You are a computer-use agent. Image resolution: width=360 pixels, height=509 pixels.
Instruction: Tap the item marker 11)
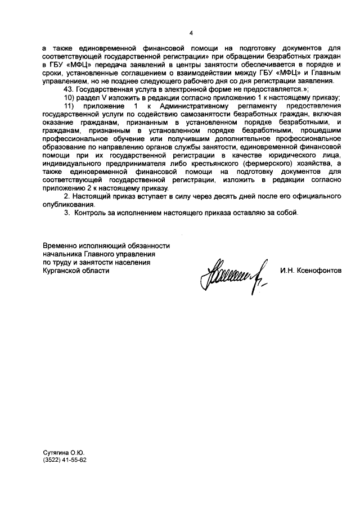(69, 107)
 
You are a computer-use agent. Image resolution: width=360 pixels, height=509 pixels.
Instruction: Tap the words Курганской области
(76, 270)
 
